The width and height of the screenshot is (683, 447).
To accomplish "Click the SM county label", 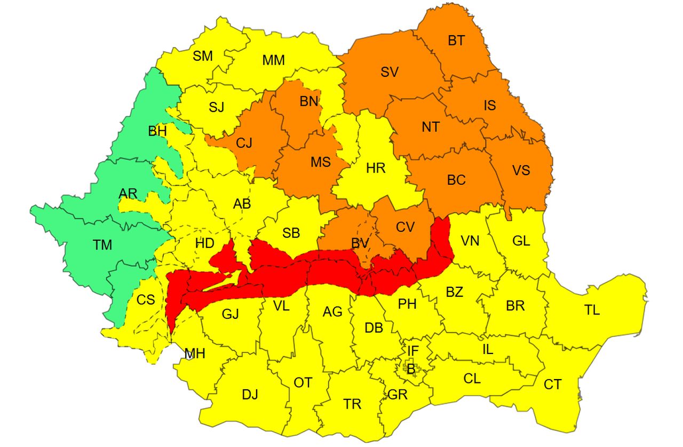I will click(x=203, y=56).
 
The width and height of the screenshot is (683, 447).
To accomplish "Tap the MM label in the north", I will click(x=273, y=60).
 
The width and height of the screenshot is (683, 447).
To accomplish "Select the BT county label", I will click(x=456, y=41).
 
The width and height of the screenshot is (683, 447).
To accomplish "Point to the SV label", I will click(x=390, y=73).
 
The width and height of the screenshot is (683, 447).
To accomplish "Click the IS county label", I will click(x=489, y=105).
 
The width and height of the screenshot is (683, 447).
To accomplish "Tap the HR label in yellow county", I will click(x=376, y=169).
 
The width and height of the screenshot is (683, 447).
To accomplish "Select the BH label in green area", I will click(x=157, y=131).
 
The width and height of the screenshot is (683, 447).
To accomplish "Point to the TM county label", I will click(x=102, y=245).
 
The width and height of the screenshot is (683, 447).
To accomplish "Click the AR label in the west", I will click(x=128, y=193).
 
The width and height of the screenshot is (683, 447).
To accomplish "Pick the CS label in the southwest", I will click(x=146, y=300).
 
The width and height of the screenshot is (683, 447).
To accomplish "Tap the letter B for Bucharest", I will click(x=411, y=368).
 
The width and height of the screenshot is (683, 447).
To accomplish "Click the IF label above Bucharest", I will click(x=413, y=351).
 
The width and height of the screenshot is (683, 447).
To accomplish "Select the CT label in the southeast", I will click(x=553, y=385).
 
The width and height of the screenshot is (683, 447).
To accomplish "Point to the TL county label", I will click(x=592, y=310).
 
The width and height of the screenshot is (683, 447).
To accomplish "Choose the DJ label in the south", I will click(x=250, y=395).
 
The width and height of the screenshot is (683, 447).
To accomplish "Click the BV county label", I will click(x=360, y=244).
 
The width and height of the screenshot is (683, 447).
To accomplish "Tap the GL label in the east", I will click(x=521, y=241).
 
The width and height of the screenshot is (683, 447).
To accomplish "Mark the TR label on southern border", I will click(x=352, y=404).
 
